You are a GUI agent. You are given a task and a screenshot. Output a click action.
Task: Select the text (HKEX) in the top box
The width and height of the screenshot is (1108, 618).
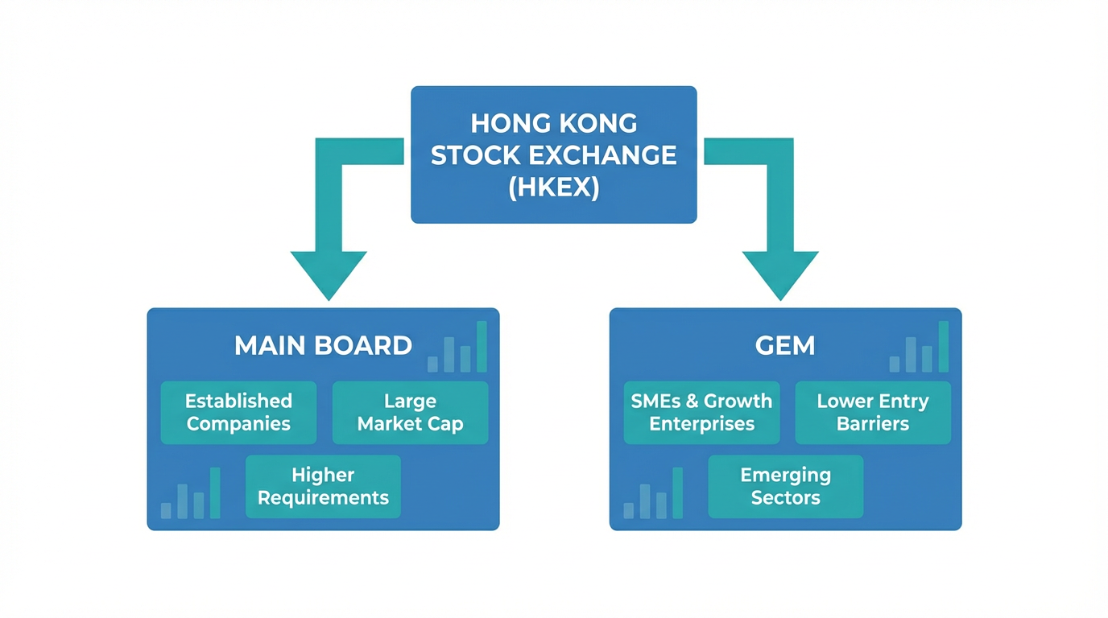553,187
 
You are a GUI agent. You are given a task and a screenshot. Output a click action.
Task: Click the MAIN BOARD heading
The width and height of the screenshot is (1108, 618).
323,345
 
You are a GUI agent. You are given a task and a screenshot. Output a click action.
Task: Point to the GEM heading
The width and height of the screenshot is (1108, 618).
785,345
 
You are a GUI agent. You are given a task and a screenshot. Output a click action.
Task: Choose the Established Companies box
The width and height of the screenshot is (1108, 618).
238,412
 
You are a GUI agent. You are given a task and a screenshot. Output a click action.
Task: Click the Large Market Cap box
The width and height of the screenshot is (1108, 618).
410,412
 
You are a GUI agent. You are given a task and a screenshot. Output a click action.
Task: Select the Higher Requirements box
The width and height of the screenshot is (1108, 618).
323,486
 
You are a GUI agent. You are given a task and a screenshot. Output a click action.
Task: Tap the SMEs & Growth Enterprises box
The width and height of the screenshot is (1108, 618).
701,412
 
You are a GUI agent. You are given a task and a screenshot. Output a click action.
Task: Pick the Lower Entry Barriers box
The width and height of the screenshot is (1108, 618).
873,412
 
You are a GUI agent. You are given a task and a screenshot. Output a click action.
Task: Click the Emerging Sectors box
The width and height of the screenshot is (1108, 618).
785,486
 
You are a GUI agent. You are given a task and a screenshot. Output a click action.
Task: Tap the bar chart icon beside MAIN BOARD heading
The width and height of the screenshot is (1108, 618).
457,348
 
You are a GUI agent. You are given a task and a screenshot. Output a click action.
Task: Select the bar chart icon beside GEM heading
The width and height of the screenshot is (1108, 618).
920,348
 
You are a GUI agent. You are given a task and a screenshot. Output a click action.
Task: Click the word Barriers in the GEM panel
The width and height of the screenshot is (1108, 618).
873,424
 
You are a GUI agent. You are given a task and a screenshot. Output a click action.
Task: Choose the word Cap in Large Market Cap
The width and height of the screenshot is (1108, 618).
446,424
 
